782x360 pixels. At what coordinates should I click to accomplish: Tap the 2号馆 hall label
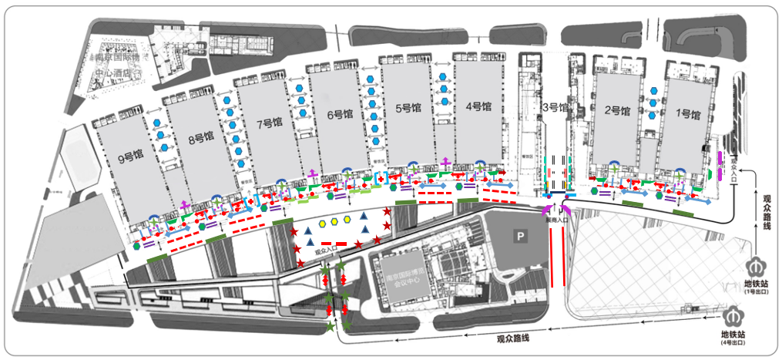[x=617, y=111]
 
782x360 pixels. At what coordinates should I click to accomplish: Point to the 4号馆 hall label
[x=478, y=108]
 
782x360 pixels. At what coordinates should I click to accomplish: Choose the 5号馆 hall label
[x=408, y=109]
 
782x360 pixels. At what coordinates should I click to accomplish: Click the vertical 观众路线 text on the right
[x=767, y=212]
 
